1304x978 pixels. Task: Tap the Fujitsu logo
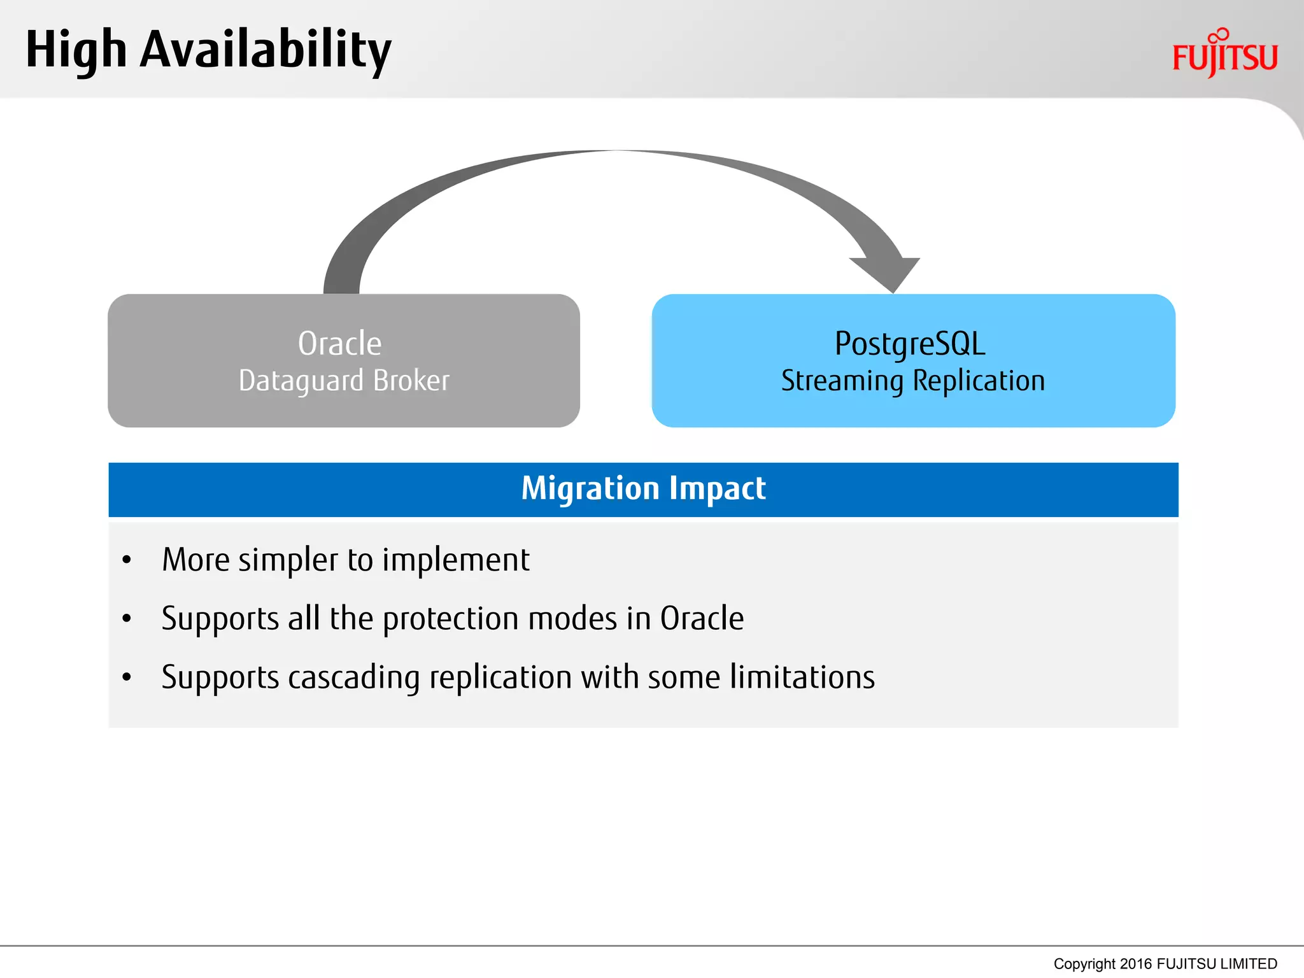pos(1224,55)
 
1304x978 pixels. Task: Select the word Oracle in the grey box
pos(339,344)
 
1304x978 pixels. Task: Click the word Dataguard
pos(301,381)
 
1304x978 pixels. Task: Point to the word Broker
pos(411,381)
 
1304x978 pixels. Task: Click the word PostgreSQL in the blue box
pos(910,344)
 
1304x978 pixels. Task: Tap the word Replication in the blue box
pos(979,381)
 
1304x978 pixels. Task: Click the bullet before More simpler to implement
pos(127,560)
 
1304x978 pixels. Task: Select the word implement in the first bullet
pos(455,560)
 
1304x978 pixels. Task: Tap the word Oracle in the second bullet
pos(702,619)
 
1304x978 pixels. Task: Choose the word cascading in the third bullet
pos(353,677)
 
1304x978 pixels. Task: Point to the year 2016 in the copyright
pos(1136,964)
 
